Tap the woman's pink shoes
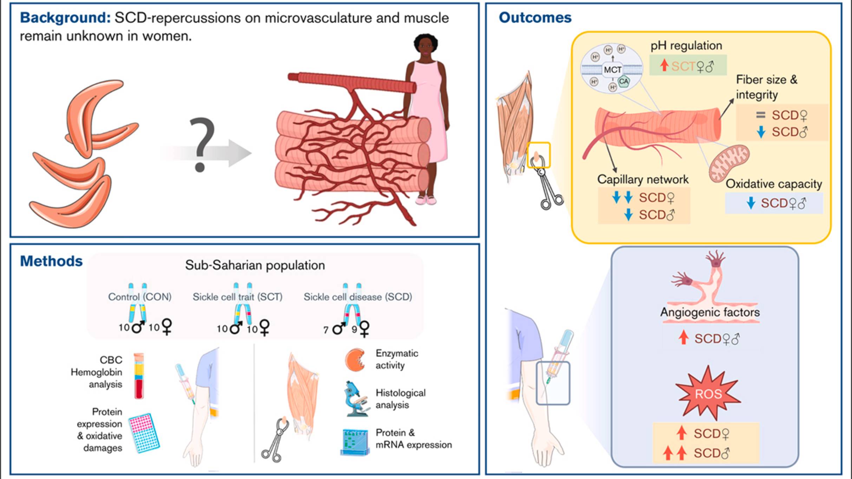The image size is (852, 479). pos(426,200)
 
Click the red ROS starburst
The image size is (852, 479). pos(708,394)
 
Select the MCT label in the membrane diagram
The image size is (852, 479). pos(612,70)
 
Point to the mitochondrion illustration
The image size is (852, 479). pos(729,163)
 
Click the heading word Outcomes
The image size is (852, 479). pos(535,18)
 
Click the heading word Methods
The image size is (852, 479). pos(51,261)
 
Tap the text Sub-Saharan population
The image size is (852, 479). pos(255,265)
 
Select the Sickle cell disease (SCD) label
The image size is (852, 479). pos(358,297)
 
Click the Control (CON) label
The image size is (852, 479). pos(140,297)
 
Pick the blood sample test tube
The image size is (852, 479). pos(139,376)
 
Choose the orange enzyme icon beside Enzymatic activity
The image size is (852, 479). pos(355,360)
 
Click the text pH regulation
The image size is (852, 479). pos(686,46)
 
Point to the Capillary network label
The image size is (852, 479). pos(643,180)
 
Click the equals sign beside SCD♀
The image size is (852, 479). pos(760,115)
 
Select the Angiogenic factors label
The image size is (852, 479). pos(710,312)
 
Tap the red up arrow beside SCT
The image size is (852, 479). pos(664,65)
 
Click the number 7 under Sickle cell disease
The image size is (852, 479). pos(326,330)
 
